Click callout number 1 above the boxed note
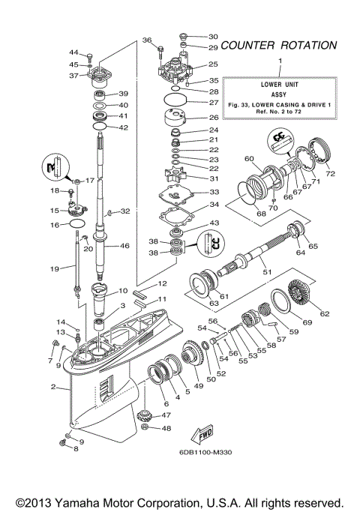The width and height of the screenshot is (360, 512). point(280,59)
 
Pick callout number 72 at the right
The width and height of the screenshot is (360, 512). point(330,174)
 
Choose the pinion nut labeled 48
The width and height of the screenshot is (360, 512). point(146,428)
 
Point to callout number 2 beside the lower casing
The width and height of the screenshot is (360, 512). point(54,387)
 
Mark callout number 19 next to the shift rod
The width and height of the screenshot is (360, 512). point(54,267)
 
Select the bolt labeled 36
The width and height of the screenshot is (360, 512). point(160,52)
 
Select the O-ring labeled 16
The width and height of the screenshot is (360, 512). point(76,224)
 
